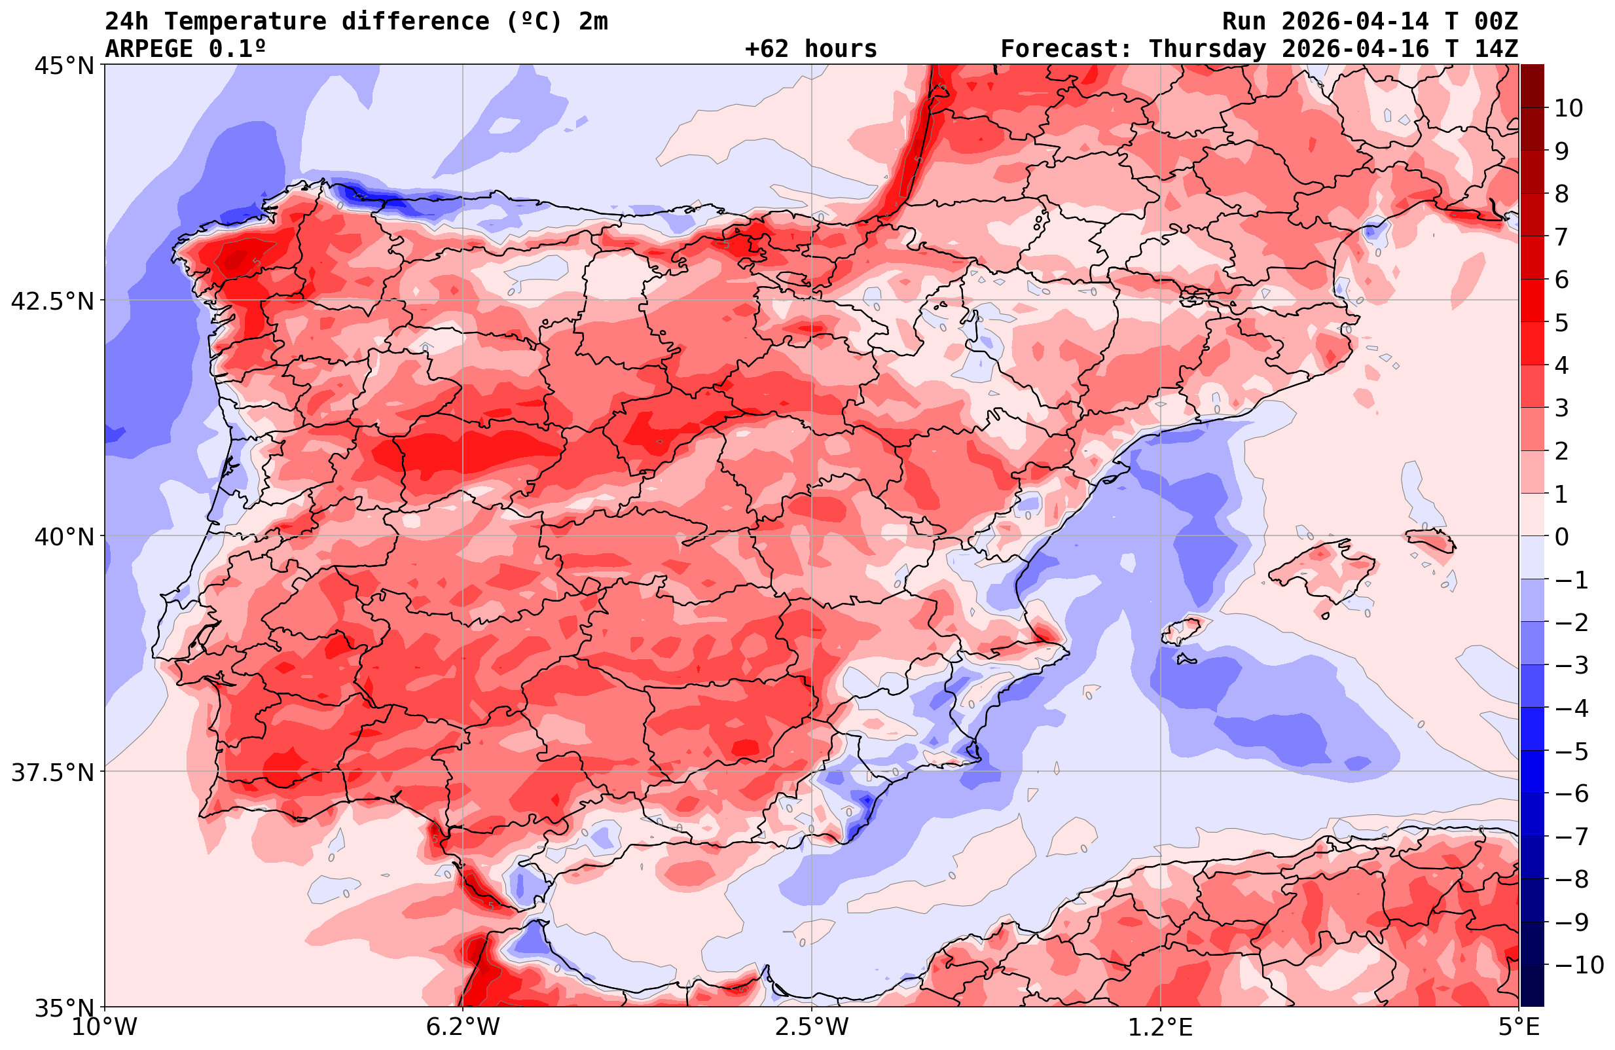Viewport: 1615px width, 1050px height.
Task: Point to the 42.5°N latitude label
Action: pyautogui.click(x=52, y=300)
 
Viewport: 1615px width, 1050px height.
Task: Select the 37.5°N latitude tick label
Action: pyautogui.click(x=52, y=772)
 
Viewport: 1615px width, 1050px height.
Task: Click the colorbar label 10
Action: pyautogui.click(x=1568, y=108)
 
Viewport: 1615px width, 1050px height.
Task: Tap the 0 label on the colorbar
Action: pyautogui.click(x=1561, y=537)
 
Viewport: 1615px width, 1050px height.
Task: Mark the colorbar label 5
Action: pyautogui.click(x=1561, y=323)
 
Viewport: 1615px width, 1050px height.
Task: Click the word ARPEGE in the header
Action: pyautogui.click(x=149, y=49)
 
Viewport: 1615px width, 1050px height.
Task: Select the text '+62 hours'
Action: pyautogui.click(x=811, y=49)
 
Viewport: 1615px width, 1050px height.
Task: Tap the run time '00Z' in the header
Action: pyautogui.click(x=1496, y=22)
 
